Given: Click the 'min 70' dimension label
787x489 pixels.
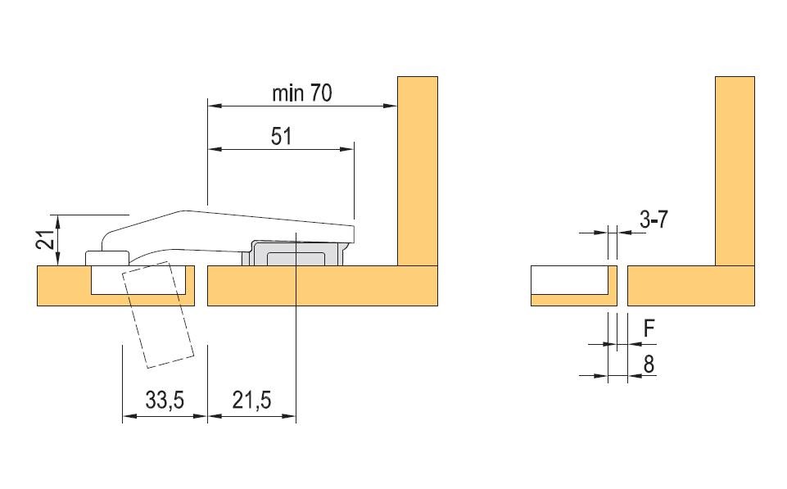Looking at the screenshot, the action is tap(301, 93).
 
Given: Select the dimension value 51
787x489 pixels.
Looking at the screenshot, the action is tap(281, 136).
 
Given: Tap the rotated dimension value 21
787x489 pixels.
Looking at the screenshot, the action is tap(46, 239).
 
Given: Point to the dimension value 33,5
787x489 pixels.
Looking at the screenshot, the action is tap(165, 401).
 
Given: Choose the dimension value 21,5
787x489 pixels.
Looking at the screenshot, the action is tap(251, 401).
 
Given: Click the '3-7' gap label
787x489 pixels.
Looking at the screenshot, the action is tap(654, 220).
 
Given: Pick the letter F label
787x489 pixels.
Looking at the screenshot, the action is tap(649, 328).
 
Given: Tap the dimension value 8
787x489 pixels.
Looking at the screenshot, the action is tap(649, 364).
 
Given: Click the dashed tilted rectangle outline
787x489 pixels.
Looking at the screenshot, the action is tap(157, 315).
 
